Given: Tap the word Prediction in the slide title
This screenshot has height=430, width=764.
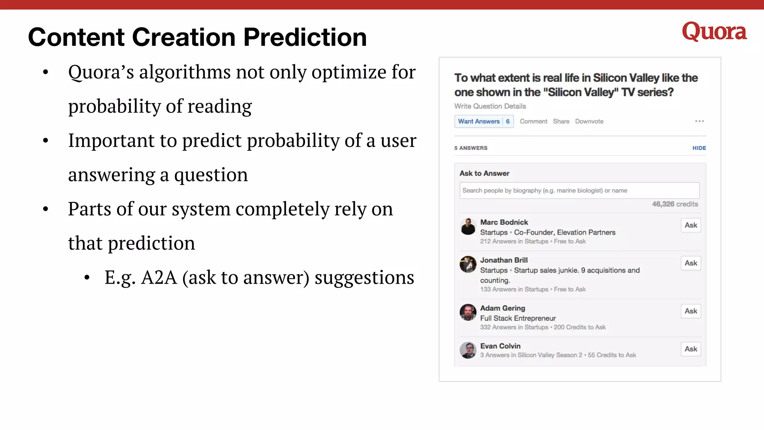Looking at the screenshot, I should (x=305, y=37).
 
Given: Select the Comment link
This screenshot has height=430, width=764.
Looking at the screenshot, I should (x=533, y=121).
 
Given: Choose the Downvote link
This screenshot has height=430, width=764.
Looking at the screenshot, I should (x=589, y=121).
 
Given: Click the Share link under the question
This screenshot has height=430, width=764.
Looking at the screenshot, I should (x=561, y=121).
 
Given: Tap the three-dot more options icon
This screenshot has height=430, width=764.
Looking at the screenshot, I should (x=699, y=121).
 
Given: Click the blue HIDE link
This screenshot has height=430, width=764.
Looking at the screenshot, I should (x=699, y=148).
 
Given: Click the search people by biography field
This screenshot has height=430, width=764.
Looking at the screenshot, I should (x=579, y=190).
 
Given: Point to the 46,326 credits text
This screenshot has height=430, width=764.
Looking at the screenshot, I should (x=675, y=204).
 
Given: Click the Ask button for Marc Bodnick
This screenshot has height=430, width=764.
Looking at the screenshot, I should (x=691, y=225).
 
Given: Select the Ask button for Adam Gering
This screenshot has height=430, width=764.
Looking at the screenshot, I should (x=691, y=311).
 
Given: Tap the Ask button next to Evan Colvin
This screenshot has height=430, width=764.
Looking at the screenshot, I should (x=691, y=349).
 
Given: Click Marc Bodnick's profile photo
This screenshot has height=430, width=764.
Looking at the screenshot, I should (x=468, y=227).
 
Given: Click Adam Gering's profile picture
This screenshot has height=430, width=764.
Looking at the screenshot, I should (x=468, y=312).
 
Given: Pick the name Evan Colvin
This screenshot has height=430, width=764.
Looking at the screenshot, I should (x=500, y=346).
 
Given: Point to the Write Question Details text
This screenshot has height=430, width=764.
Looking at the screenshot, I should (x=490, y=106).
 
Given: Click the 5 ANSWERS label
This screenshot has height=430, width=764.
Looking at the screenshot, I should (x=471, y=148).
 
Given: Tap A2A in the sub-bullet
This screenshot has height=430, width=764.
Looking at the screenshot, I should (x=159, y=278).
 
